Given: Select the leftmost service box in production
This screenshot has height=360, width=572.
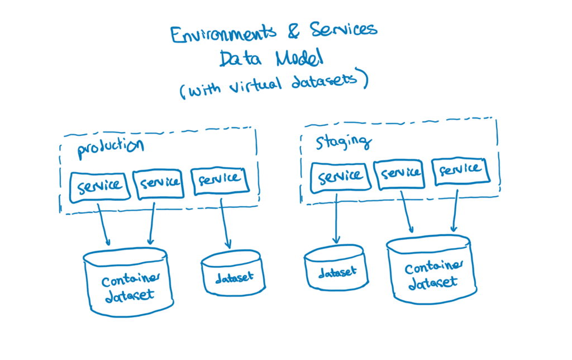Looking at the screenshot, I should [99, 187].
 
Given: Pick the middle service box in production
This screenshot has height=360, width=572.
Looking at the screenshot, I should [160, 183].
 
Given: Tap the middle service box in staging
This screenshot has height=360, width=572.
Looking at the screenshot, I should [399, 173].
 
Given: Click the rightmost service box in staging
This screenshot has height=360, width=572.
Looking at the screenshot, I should [460, 170].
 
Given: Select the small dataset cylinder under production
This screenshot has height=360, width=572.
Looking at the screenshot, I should [231, 274].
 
